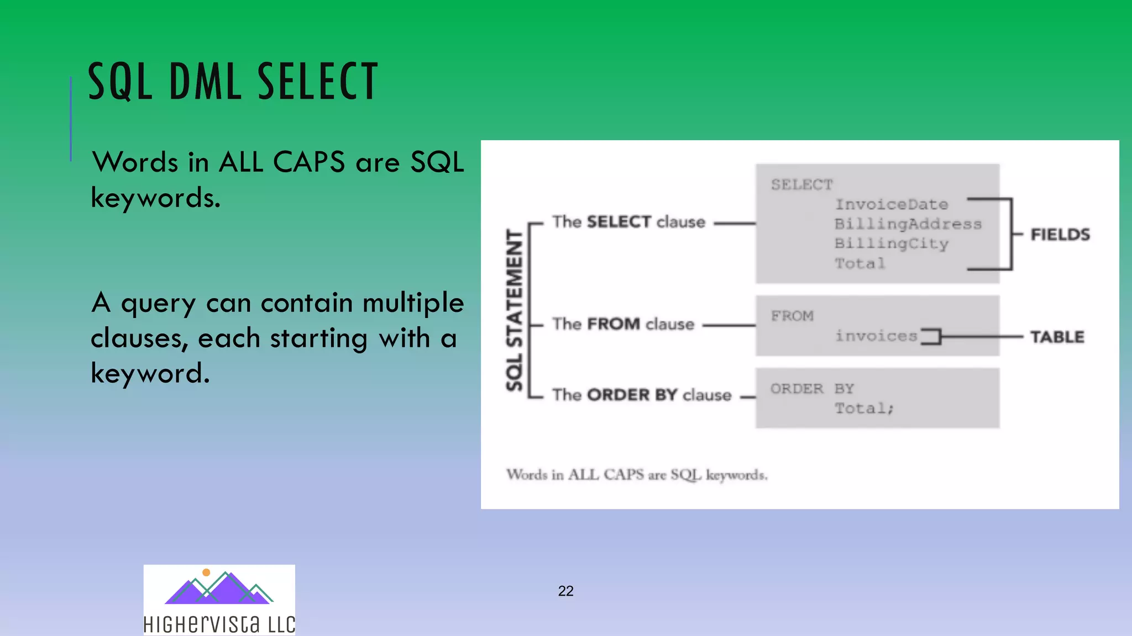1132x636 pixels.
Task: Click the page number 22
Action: click(x=565, y=591)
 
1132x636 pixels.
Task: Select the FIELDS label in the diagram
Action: click(x=1060, y=235)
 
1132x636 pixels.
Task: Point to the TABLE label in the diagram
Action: click(x=1057, y=337)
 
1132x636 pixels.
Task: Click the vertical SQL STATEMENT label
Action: click(x=515, y=310)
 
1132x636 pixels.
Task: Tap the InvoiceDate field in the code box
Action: click(x=891, y=204)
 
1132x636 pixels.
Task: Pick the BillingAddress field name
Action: click(x=908, y=224)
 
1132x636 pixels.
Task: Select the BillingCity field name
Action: click(x=891, y=243)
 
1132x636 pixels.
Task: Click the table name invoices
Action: click(x=876, y=336)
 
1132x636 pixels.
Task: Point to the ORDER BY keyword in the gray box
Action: click(x=812, y=389)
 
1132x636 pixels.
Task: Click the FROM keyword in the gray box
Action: click(x=792, y=316)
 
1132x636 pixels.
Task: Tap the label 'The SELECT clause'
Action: click(x=628, y=222)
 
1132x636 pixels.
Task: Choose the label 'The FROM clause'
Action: click(x=623, y=324)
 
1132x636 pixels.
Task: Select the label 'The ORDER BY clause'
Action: click(x=641, y=395)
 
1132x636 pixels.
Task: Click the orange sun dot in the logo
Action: click(x=206, y=573)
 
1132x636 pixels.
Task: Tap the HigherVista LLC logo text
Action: click(x=219, y=624)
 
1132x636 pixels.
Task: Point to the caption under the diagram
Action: click(x=637, y=475)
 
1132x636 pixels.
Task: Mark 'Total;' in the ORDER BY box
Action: click(x=863, y=409)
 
